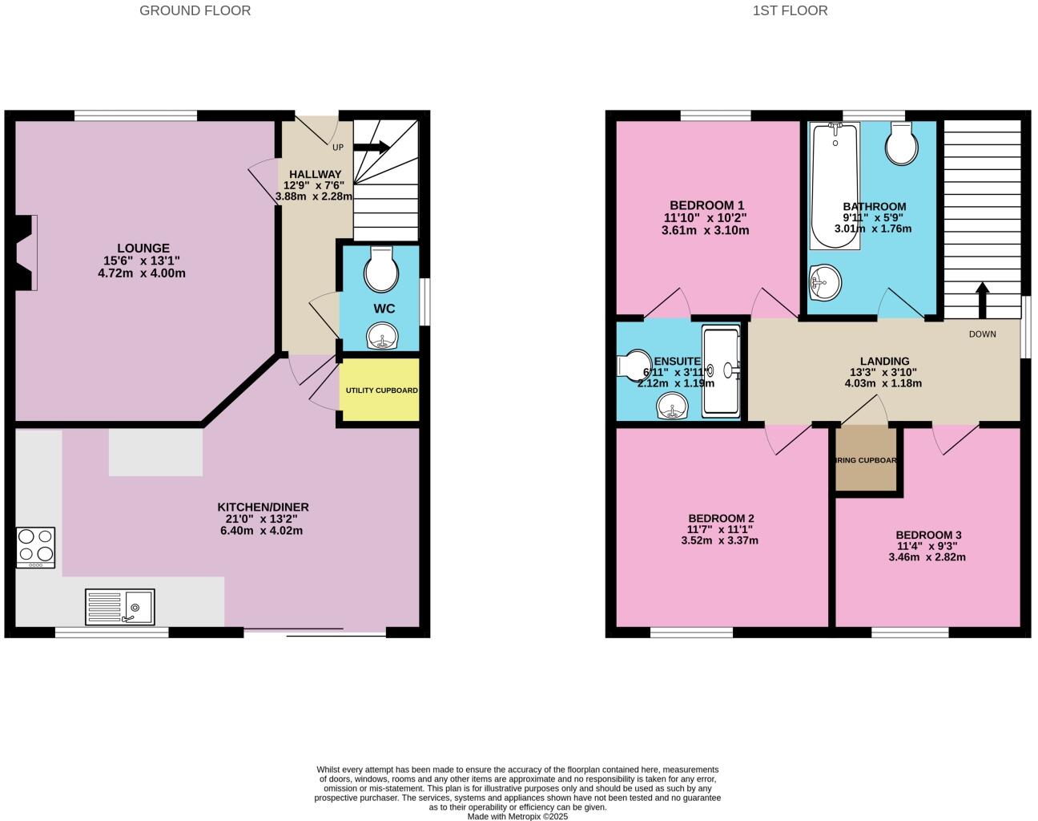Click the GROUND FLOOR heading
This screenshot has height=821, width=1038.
tap(195, 10)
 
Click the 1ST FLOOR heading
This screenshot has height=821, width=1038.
tap(790, 10)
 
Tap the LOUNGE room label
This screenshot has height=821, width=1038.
tap(143, 249)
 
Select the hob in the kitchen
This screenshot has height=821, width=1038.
tap(35, 548)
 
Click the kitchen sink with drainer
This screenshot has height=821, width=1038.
tap(120, 607)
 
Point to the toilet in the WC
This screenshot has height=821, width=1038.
tap(381, 270)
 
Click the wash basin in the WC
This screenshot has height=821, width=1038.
tap(382, 337)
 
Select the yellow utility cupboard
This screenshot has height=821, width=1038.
tap(380, 390)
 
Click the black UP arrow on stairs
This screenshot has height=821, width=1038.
tap(372, 147)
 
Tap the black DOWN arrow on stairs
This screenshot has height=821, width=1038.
tap(981, 300)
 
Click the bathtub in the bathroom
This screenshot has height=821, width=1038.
tap(835, 184)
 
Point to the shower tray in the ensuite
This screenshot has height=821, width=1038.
tap(721, 370)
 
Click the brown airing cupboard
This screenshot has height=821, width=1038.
tap(866, 459)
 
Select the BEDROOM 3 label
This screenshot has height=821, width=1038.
tap(928, 535)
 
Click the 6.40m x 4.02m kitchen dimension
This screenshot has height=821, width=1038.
tap(262, 531)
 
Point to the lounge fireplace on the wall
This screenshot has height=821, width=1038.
tap(26, 252)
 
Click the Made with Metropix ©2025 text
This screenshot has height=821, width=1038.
tap(517, 817)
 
